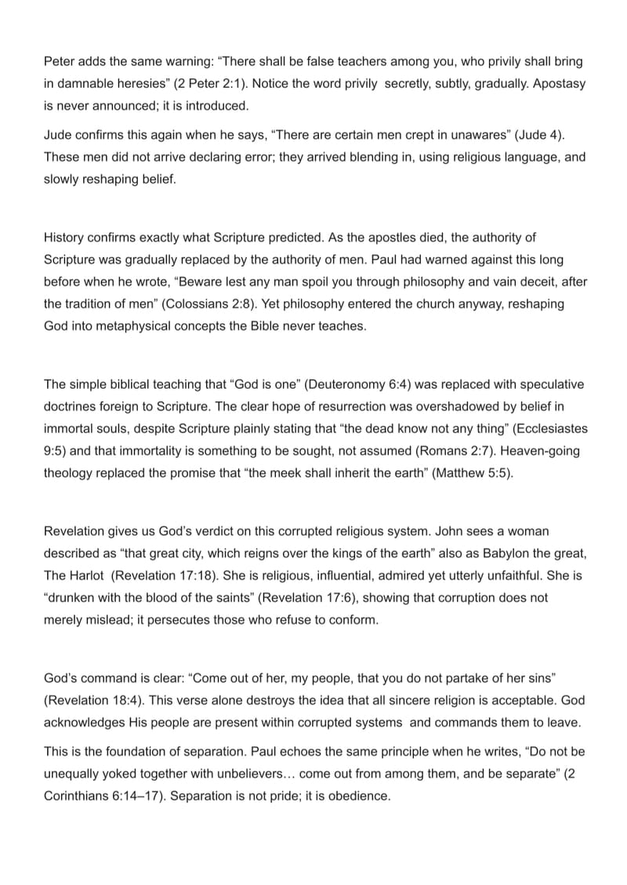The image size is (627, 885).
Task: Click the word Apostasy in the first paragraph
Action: coord(558,83)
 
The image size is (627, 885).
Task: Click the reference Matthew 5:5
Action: coord(470,473)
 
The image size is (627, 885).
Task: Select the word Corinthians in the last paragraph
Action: coord(77,796)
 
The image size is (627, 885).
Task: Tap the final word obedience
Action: coord(354,796)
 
